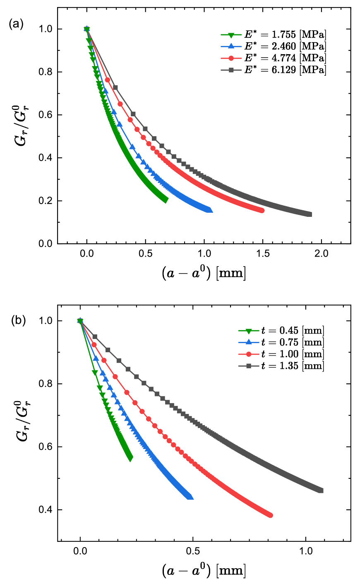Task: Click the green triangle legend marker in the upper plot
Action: (231, 35)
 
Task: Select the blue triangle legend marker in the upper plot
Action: (231, 46)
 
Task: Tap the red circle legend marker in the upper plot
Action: (231, 58)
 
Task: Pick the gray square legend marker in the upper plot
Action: (231, 70)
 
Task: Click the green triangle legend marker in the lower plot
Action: (248, 331)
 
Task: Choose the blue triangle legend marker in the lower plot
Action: (248, 342)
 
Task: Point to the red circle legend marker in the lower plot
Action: (248, 354)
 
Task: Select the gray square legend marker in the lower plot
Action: (248, 366)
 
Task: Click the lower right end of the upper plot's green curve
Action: (166, 200)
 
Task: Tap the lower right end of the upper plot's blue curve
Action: (210, 210)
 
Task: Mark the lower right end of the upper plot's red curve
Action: (262, 211)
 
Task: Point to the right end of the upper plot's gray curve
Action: (309, 214)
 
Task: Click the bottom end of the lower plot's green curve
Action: (130, 459)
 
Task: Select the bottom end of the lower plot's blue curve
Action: (190, 497)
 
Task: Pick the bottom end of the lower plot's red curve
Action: (270, 515)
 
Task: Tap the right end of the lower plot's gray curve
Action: (321, 490)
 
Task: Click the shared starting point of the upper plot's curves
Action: (87, 29)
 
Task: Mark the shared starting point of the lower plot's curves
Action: (80, 321)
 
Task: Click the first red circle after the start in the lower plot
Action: (94, 345)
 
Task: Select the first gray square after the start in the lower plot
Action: (95, 337)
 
